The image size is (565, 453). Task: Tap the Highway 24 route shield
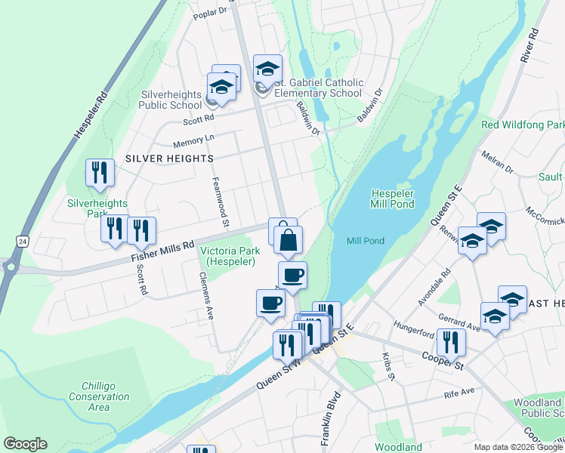pyautogui.click(x=23, y=241)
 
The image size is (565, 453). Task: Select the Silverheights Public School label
pyautogui.click(x=171, y=100)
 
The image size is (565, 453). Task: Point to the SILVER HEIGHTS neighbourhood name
pyautogui.click(x=169, y=159)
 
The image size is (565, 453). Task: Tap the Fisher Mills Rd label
pyautogui.click(x=163, y=250)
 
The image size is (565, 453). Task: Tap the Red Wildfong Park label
pyautogui.click(x=522, y=125)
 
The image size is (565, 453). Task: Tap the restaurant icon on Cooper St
pyautogui.click(x=451, y=341)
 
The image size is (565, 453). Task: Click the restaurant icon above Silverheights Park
pyautogui.click(x=100, y=172)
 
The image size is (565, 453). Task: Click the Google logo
pyautogui.click(x=25, y=444)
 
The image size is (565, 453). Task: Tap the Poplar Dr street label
pyautogui.click(x=211, y=14)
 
